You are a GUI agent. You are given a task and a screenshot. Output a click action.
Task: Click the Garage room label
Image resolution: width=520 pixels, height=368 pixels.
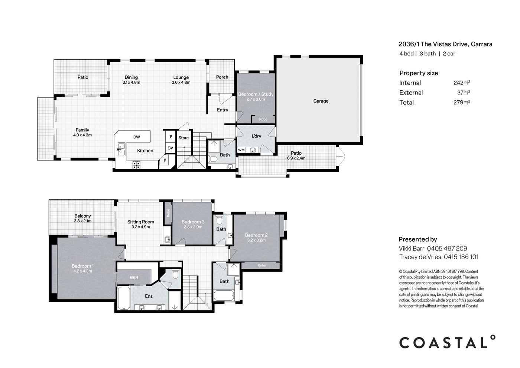[321, 101]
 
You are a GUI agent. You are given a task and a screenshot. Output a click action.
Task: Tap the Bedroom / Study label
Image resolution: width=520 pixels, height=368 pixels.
[256, 94]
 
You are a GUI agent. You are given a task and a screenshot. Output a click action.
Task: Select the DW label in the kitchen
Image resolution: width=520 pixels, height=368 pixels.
[137, 137]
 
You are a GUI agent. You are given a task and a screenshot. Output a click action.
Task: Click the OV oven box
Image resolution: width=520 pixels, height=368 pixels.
[170, 148]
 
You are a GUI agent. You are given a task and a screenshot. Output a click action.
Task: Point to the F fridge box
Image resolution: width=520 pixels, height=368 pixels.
[170, 137]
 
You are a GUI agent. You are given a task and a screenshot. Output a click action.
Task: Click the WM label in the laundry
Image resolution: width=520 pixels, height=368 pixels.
[241, 150]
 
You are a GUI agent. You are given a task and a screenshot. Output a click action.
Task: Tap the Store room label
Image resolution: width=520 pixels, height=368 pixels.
[183, 138]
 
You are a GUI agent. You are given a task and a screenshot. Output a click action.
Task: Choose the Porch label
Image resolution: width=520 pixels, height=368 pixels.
[222, 77]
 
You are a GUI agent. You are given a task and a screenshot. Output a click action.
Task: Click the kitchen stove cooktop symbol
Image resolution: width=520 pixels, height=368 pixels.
[136, 165]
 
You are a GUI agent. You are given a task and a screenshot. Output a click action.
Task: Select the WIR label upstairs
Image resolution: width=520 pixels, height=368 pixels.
[134, 278]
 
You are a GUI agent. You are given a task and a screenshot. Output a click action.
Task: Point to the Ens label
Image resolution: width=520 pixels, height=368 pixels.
[149, 296]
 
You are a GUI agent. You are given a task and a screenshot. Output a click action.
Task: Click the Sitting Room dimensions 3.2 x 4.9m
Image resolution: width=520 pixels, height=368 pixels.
[141, 227]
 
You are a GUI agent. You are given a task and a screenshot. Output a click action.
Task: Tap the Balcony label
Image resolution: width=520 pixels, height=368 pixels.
[82, 216]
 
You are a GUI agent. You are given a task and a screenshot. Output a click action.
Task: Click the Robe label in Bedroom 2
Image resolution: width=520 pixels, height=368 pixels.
[261, 265]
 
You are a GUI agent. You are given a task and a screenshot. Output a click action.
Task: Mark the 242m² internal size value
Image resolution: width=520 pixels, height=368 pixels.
[462, 83]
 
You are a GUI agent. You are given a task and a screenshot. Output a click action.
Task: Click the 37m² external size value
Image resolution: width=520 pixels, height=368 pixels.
[464, 93]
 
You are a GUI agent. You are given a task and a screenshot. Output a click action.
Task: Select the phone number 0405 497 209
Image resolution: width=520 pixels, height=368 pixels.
[447, 249]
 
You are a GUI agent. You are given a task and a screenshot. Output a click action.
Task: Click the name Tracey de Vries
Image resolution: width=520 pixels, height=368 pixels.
[420, 257]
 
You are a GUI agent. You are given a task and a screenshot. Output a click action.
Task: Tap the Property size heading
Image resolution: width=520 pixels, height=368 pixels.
[419, 73]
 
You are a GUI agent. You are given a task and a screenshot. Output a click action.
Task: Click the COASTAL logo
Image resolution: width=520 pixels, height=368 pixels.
[447, 342]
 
